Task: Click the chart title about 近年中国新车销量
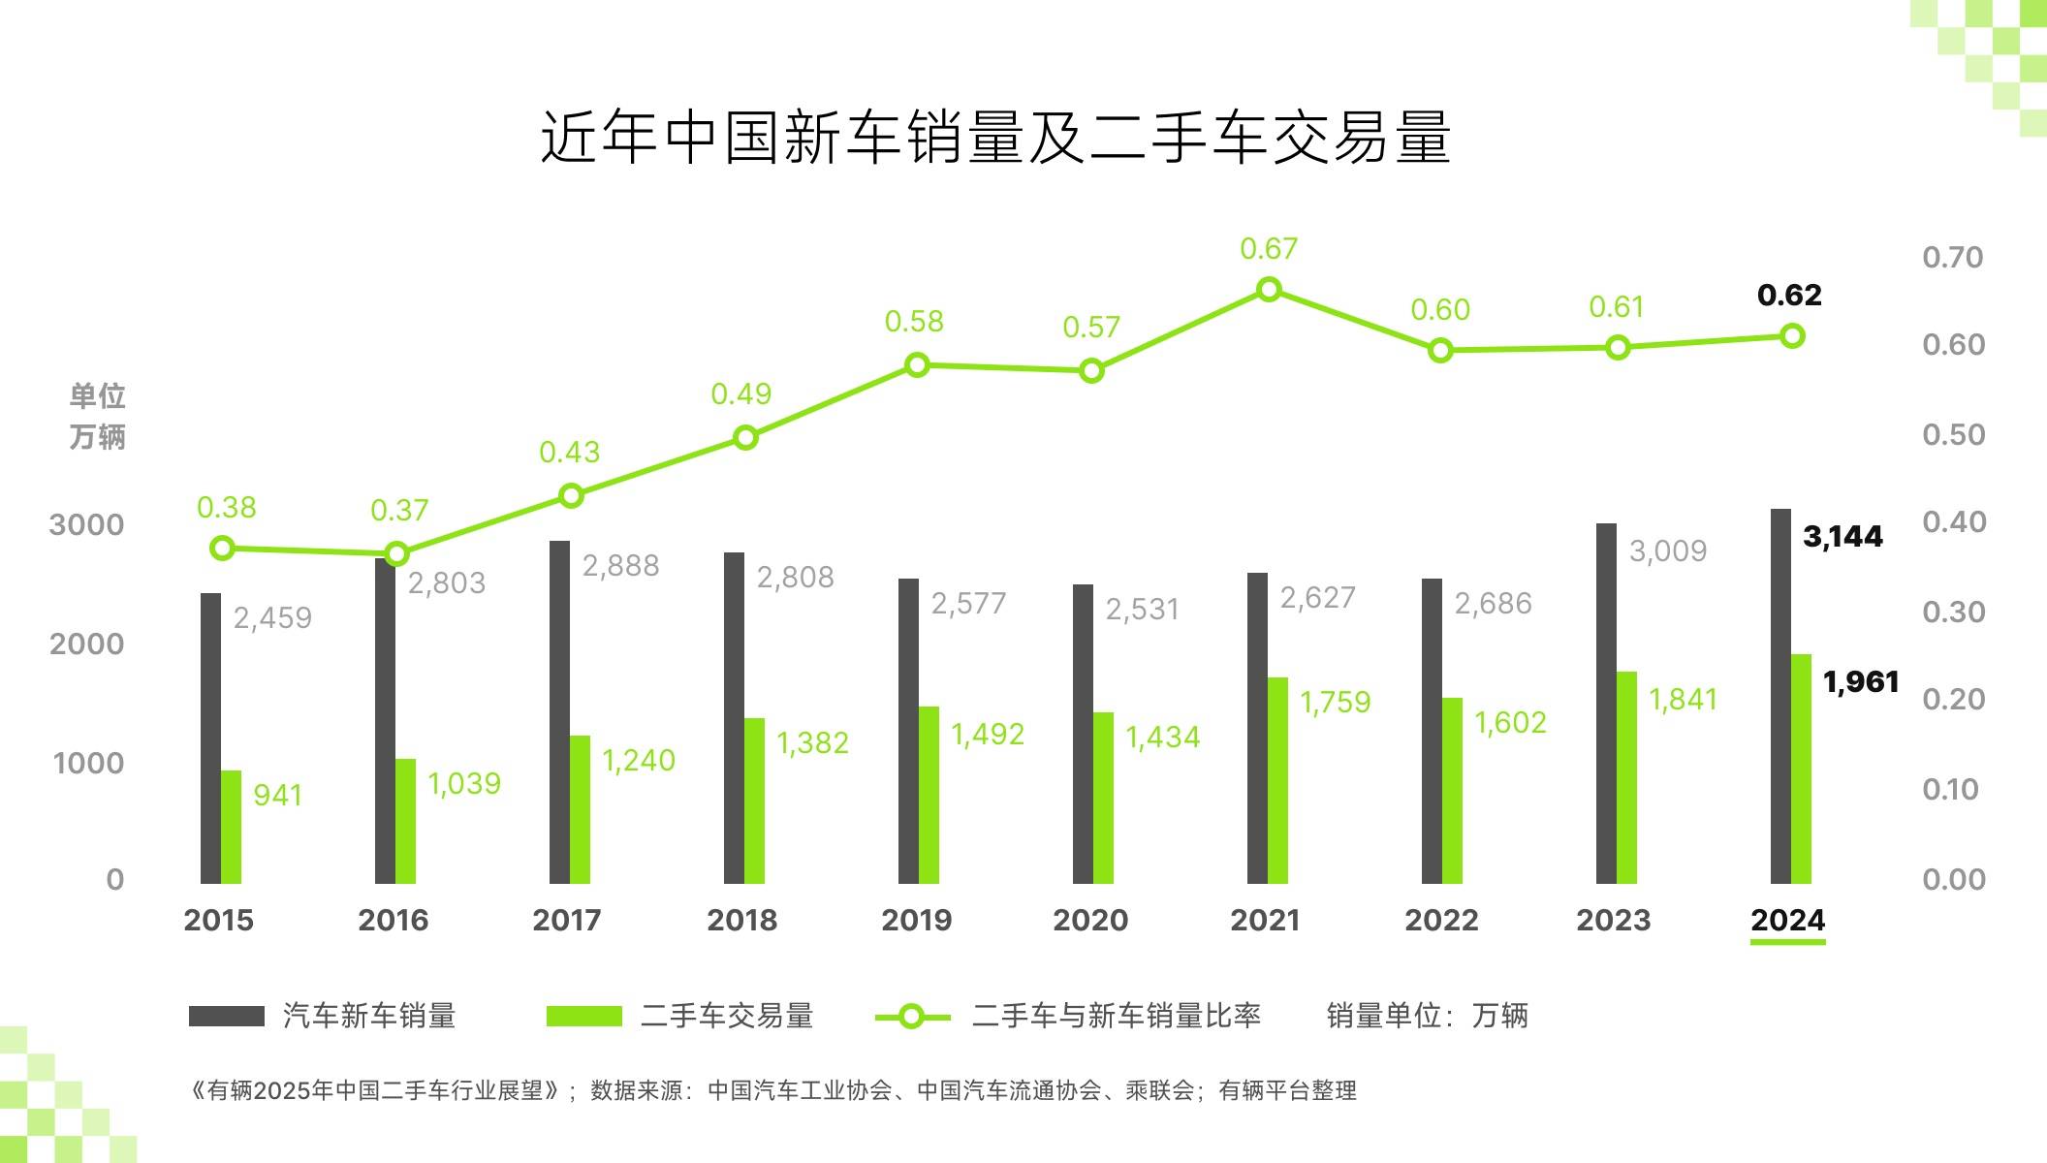[x=994, y=139]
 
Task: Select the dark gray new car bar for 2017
[x=559, y=712]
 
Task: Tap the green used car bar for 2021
[x=1277, y=780]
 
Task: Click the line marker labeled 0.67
[x=1268, y=290]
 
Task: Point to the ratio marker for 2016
[x=396, y=554]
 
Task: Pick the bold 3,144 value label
[x=1842, y=536]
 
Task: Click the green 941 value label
[x=277, y=796]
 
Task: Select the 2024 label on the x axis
[x=1787, y=920]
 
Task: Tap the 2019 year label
[x=916, y=920]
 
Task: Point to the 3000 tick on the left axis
[x=86, y=525]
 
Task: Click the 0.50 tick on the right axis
[x=1953, y=435]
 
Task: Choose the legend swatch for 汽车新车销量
[x=226, y=1016]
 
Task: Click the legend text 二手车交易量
[x=727, y=1016]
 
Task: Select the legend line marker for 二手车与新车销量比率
[x=911, y=1017]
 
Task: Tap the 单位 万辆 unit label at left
[x=97, y=417]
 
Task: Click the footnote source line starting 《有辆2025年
[x=773, y=1090]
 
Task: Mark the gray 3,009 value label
[x=1667, y=551]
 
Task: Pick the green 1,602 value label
[x=1510, y=723]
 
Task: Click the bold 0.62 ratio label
[x=1789, y=295]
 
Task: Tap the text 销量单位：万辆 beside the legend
[x=1427, y=1016]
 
